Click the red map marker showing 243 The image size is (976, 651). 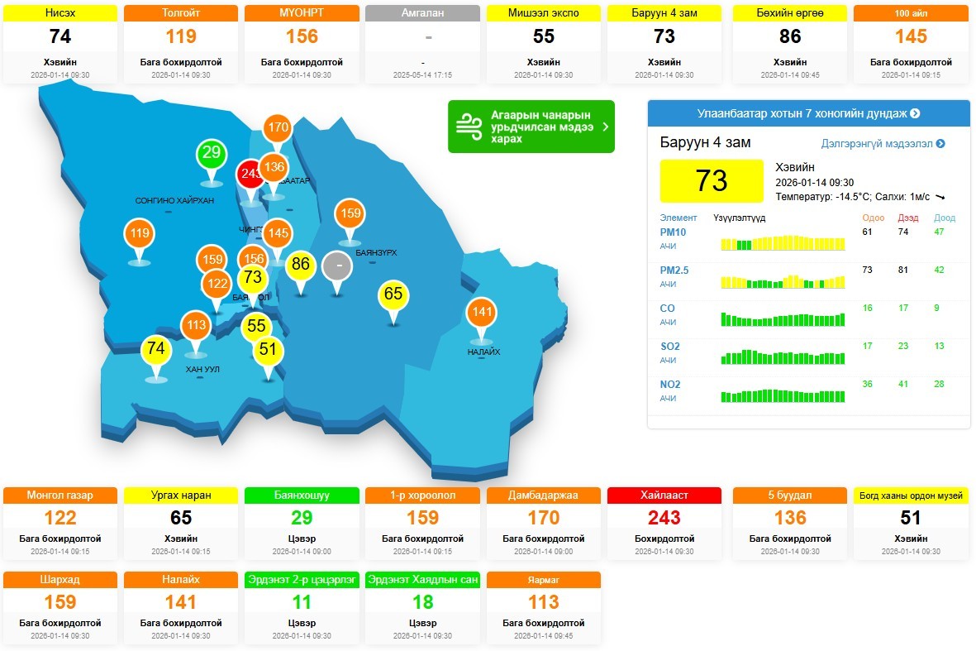tap(250, 175)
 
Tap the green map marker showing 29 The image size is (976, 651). tap(212, 153)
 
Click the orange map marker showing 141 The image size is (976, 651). tap(481, 314)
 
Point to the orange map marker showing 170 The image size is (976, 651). tap(278, 128)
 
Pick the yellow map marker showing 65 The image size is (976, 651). tap(393, 294)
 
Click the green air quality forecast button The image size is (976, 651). tap(531, 127)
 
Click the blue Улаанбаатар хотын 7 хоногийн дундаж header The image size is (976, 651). tap(808, 113)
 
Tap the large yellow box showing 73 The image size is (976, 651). tap(712, 180)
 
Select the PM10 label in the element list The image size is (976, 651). tap(673, 232)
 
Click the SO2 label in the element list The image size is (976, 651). tap(669, 347)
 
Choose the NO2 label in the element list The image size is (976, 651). tap(670, 385)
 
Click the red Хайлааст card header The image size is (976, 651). tap(664, 495)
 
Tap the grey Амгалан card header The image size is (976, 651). tap(421, 13)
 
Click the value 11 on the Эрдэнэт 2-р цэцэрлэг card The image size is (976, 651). tap(302, 602)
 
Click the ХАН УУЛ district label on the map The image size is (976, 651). tap(202, 369)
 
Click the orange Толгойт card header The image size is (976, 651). tap(181, 13)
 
